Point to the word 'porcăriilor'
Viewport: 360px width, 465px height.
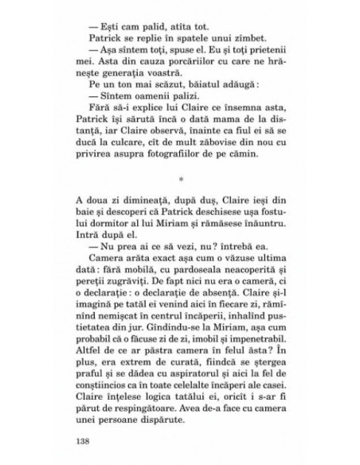[x=190, y=62]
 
